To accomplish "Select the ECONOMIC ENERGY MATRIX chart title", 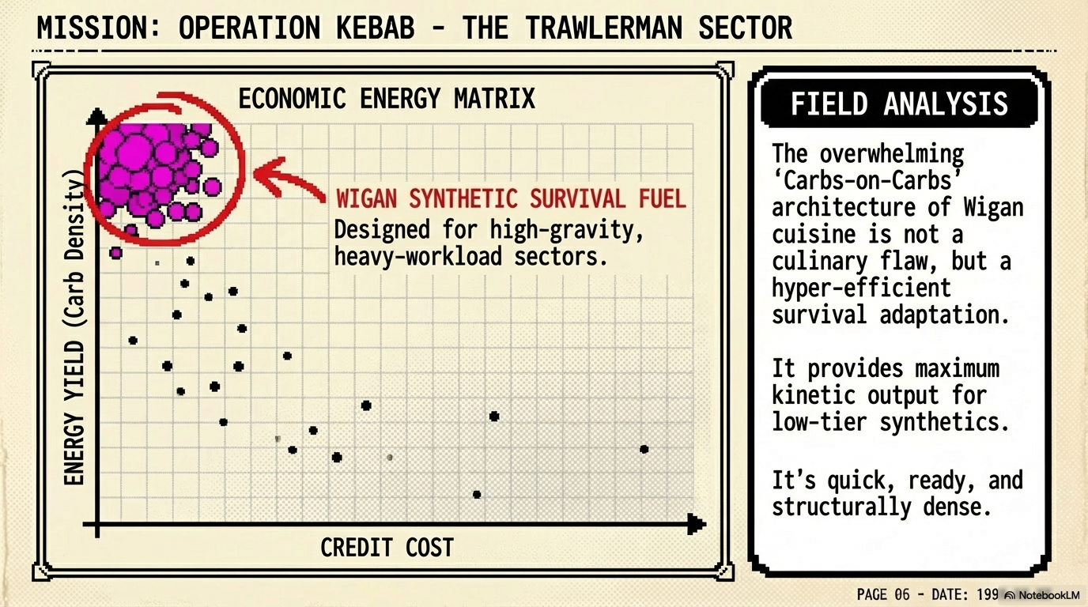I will tap(387, 99).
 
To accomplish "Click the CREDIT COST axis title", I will tap(387, 547).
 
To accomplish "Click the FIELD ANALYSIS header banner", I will tap(899, 104).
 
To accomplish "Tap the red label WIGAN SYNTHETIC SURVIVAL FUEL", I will tap(512, 198).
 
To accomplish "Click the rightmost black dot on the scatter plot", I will tap(644, 449).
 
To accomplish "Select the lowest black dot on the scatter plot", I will tap(477, 495).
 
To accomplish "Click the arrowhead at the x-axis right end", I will tap(697, 522).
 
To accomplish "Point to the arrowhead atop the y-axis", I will tap(96, 116).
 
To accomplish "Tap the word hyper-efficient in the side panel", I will tap(862, 288).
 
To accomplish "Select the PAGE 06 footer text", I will tap(883, 594).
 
